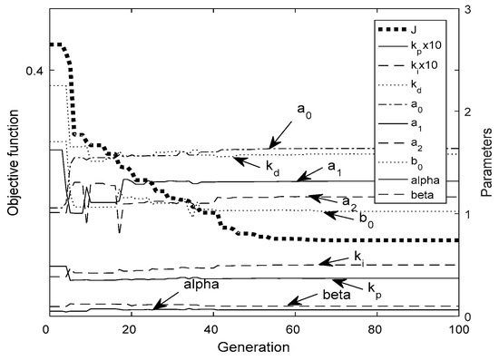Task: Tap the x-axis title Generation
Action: (x=253, y=347)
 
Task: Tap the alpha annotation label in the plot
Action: (x=201, y=284)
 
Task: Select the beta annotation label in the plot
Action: (x=337, y=296)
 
